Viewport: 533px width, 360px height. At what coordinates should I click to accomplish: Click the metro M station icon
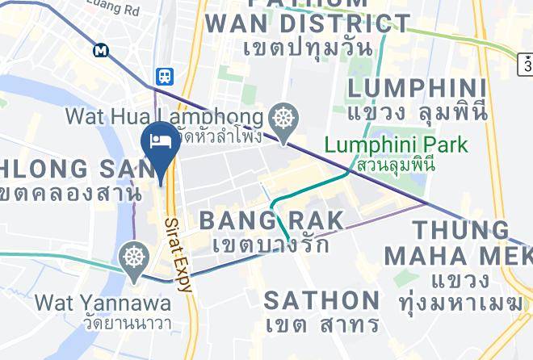click(101, 50)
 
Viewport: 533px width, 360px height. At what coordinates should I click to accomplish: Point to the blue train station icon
click(164, 76)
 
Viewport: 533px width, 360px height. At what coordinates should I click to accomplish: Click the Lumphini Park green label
click(396, 145)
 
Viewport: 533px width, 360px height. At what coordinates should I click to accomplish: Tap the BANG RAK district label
click(271, 220)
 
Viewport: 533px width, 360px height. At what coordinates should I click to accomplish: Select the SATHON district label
click(322, 299)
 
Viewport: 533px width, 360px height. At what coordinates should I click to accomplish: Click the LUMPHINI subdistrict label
click(417, 88)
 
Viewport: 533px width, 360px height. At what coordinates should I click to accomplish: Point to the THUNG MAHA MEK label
click(458, 242)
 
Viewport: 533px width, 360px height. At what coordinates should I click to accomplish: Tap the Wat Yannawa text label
click(103, 303)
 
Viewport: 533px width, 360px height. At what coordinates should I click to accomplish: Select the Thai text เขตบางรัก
click(271, 243)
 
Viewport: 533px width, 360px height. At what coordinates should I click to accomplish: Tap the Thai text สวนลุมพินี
click(396, 165)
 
